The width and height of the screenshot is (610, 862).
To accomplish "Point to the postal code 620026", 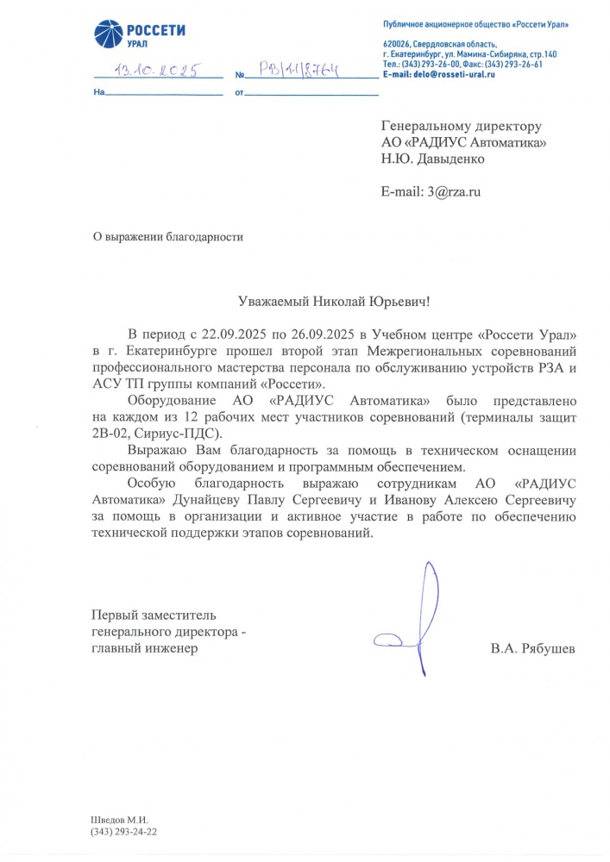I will point(396,44).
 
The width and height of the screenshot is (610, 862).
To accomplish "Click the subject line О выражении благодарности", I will point(168,237).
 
